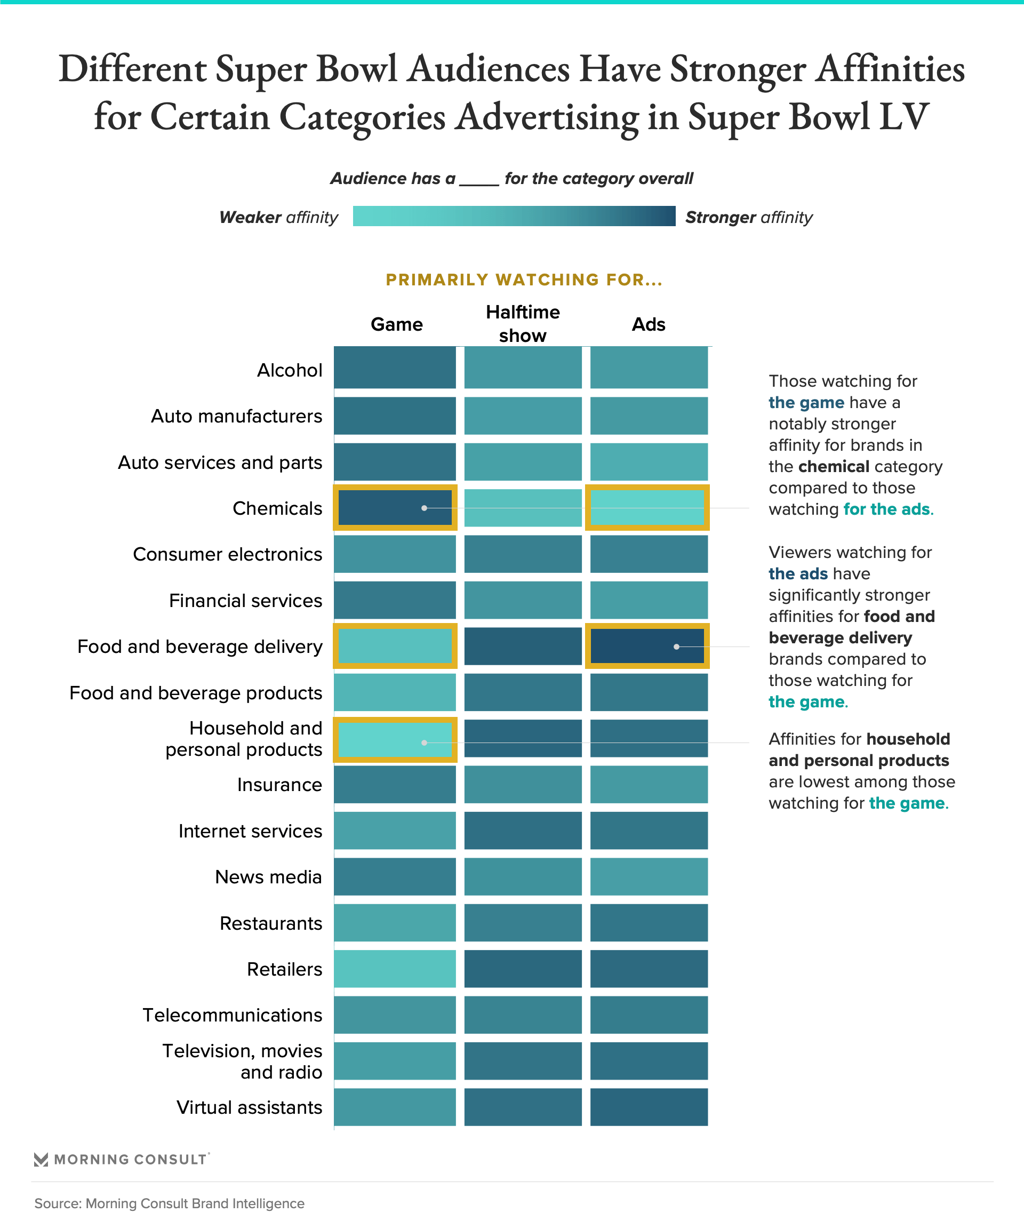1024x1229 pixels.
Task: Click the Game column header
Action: [396, 324]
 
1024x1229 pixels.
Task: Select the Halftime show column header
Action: [523, 324]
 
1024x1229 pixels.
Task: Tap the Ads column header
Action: [649, 324]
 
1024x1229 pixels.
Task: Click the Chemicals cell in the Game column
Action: [395, 508]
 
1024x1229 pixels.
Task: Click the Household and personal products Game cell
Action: [395, 740]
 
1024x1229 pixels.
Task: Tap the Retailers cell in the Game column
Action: [395, 969]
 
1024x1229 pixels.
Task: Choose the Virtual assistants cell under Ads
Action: [649, 1107]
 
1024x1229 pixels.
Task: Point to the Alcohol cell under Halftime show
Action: [523, 368]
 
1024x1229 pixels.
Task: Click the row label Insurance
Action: [279, 785]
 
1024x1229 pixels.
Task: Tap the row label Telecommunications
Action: [233, 1015]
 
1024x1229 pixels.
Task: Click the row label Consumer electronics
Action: [227, 554]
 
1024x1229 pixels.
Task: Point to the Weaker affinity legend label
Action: [278, 217]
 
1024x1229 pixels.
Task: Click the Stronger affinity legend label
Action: [748, 217]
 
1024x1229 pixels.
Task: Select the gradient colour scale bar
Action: [514, 216]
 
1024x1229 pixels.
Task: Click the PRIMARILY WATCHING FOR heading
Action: [524, 280]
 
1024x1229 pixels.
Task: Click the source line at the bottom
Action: [169, 1203]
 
